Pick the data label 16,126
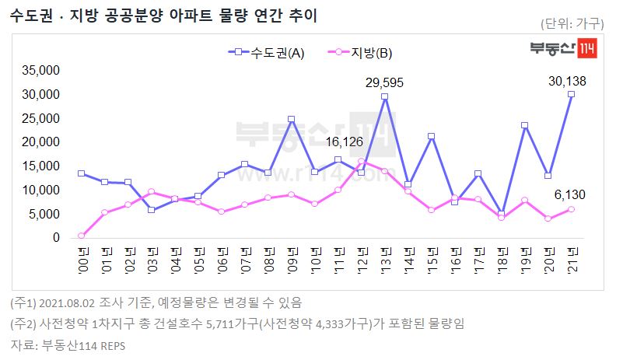pyautogui.click(x=345, y=142)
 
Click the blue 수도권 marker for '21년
pyautogui.click(x=571, y=94)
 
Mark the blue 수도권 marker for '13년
pyautogui.click(x=384, y=96)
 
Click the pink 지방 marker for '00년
pyautogui.click(x=81, y=236)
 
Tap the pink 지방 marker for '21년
pyautogui.click(x=571, y=209)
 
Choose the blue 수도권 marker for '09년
pyautogui.click(x=291, y=120)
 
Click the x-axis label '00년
pyautogui.click(x=82, y=257)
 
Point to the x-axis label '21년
pyautogui.click(x=572, y=257)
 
